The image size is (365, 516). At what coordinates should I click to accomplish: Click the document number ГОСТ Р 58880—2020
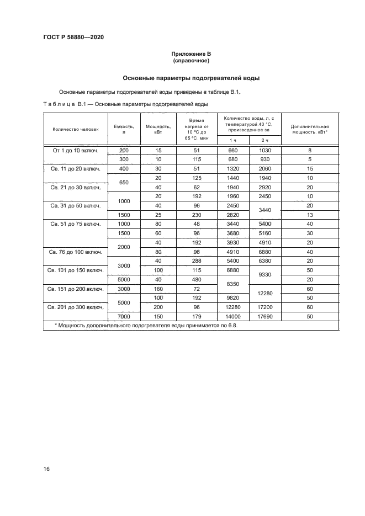pyautogui.click(x=73, y=38)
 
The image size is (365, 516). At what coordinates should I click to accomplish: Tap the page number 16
pyautogui.click(x=47, y=469)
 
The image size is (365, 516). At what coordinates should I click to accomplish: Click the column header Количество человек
pyautogui.click(x=76, y=130)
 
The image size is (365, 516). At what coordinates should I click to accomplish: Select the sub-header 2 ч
pyautogui.click(x=265, y=140)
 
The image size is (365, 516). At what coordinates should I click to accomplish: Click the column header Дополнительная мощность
pyautogui.click(x=310, y=130)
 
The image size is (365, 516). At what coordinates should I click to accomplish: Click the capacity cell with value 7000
pyautogui.click(x=124, y=317)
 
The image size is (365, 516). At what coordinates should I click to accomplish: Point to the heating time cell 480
pyautogui.click(x=193, y=279)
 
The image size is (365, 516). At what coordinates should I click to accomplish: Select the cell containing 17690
pyautogui.click(x=265, y=317)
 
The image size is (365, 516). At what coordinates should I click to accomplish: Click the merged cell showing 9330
pyautogui.click(x=265, y=274)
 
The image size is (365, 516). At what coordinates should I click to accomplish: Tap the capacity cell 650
pyautogui.click(x=124, y=183)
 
